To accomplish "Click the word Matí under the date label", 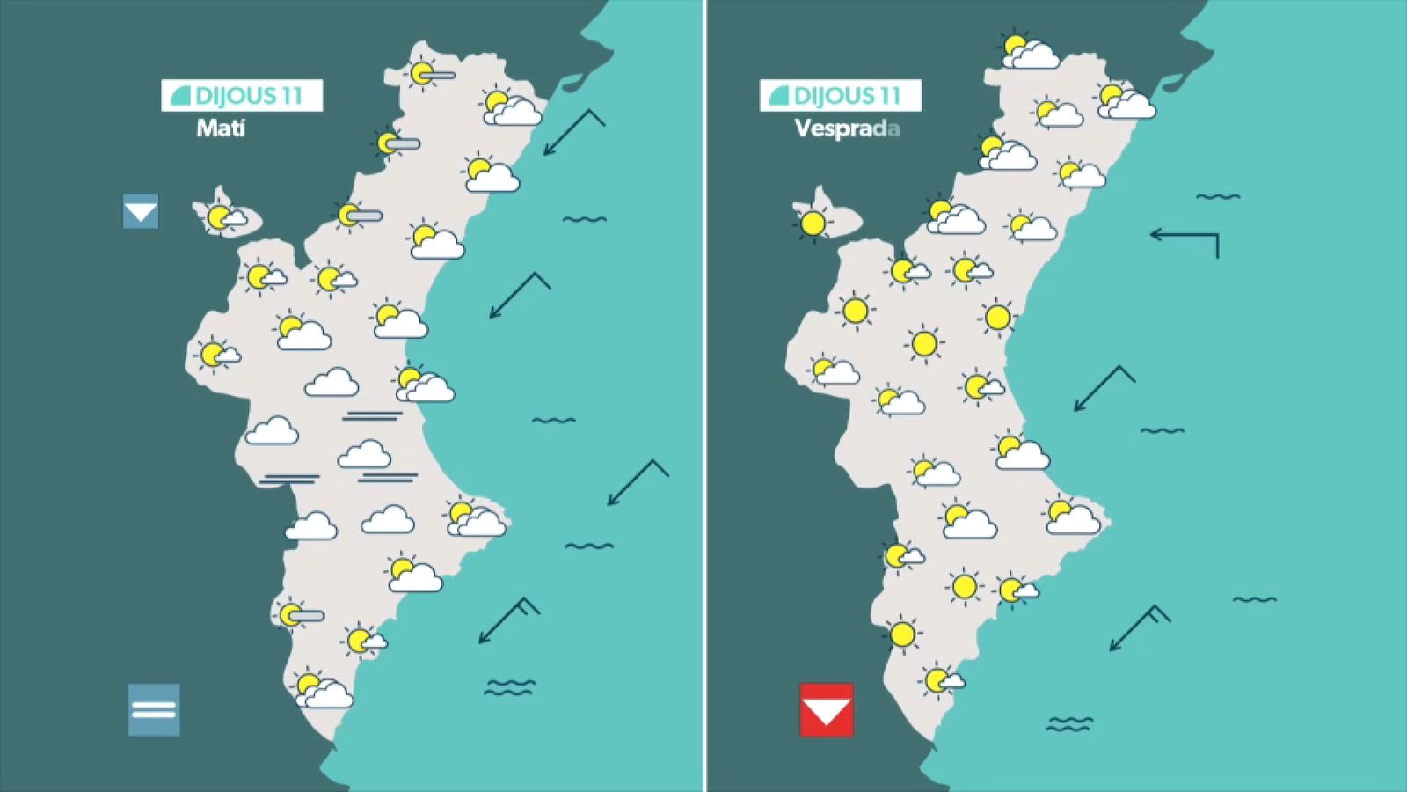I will click(x=221, y=128).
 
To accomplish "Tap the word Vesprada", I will click(x=847, y=128).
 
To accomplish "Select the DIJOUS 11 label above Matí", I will click(x=242, y=95).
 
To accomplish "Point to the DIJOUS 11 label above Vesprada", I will click(x=841, y=95).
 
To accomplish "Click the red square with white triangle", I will click(x=826, y=709).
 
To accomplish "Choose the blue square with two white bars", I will click(x=154, y=709).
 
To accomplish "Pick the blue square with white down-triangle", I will click(x=141, y=211).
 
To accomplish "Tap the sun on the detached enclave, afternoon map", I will click(x=813, y=224).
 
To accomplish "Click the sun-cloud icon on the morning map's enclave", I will click(x=225, y=217).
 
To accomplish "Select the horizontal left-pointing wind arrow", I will click(x=1185, y=239).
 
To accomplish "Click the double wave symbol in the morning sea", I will click(x=509, y=687).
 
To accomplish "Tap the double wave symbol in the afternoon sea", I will click(x=1069, y=724).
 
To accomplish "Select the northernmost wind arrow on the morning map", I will click(x=573, y=132).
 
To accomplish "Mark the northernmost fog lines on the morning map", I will click(x=372, y=415).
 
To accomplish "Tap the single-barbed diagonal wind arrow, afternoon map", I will click(x=1104, y=388).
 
